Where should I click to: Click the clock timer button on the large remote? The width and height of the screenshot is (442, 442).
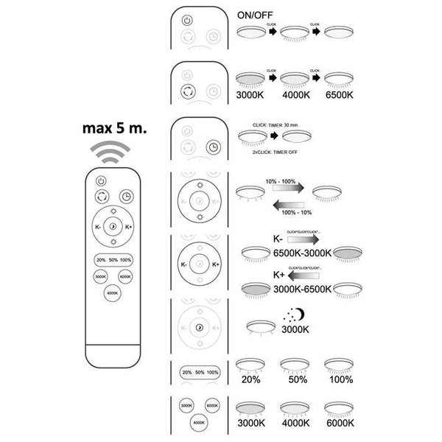tap(127, 197)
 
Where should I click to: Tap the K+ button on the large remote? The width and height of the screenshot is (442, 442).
tap(129, 227)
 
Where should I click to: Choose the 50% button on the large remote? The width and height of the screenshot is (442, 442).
tap(113, 260)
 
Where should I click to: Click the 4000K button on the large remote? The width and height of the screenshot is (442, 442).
tap(112, 292)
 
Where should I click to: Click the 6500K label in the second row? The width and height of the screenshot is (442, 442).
tap(340, 95)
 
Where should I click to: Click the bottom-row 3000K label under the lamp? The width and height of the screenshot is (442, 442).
tap(250, 424)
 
